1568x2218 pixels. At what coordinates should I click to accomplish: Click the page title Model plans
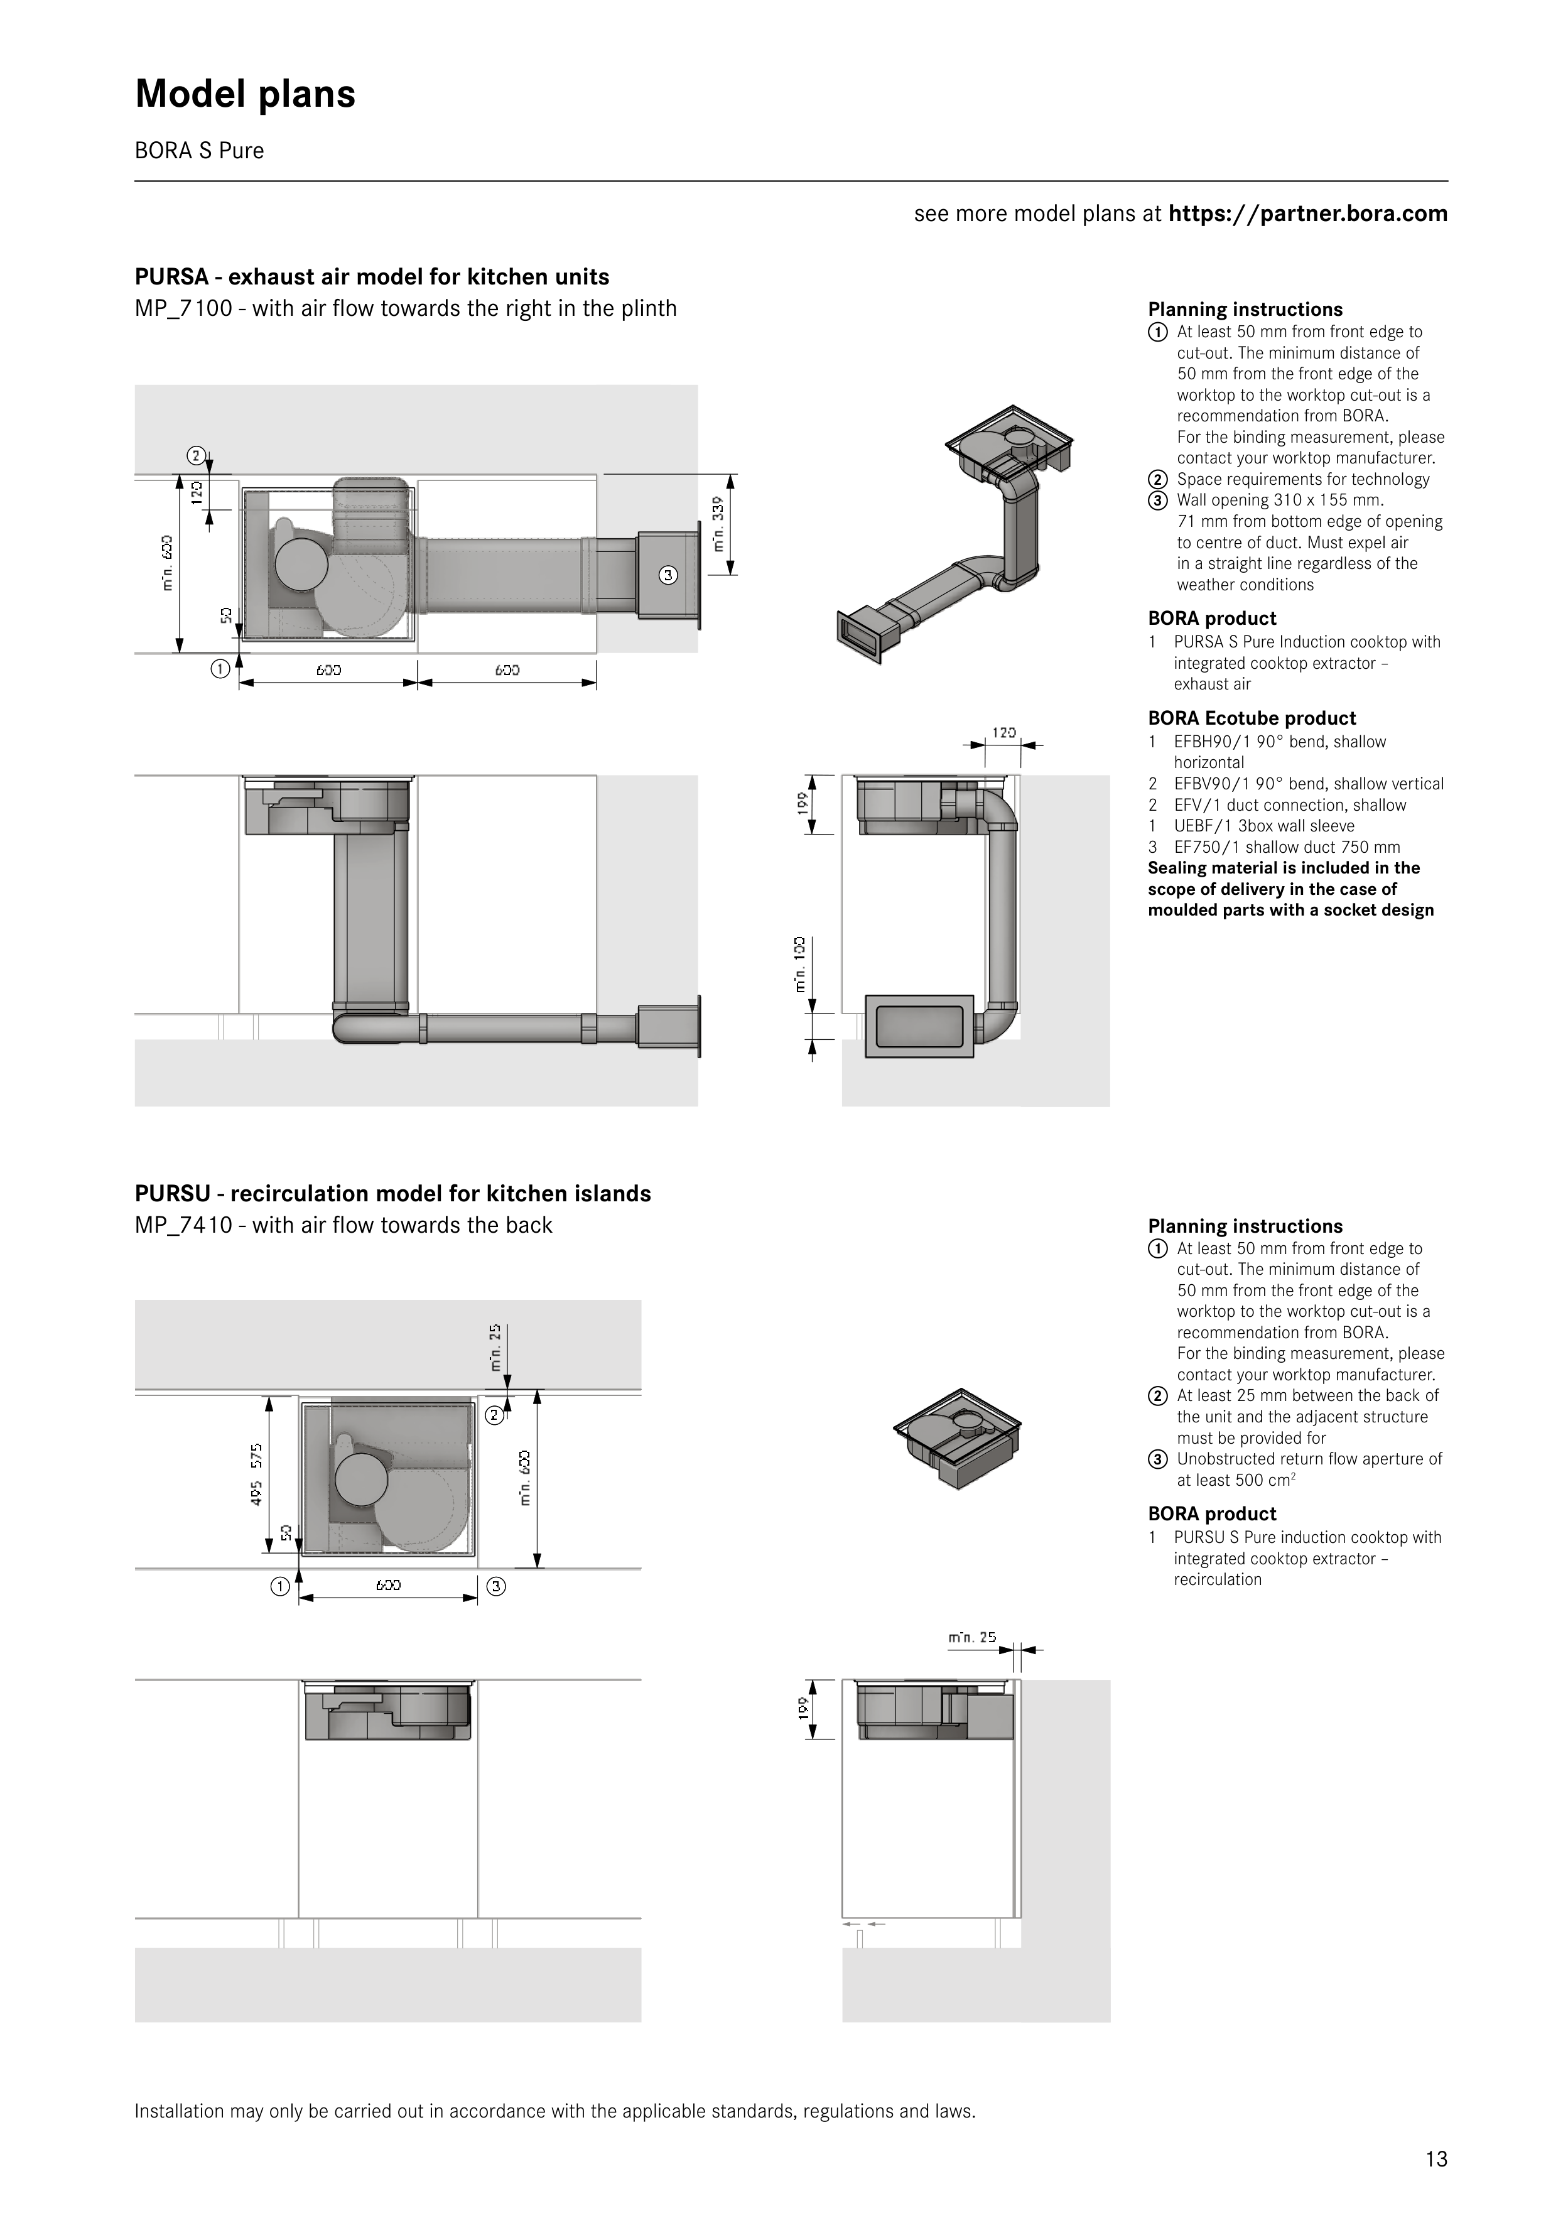(246, 94)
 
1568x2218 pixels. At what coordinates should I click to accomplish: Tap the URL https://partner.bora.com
(1307, 214)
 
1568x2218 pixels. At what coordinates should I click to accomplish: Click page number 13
(1436, 2159)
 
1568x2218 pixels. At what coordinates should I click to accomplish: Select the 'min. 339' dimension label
(718, 524)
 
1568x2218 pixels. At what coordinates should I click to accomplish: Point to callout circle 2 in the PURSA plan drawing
(196, 455)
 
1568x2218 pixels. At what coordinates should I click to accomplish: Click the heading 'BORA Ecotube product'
(1251, 718)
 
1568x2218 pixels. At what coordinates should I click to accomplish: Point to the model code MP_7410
(183, 1225)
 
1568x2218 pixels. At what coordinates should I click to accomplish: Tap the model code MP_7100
(183, 308)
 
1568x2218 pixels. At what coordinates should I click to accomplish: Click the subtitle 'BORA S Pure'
(199, 151)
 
